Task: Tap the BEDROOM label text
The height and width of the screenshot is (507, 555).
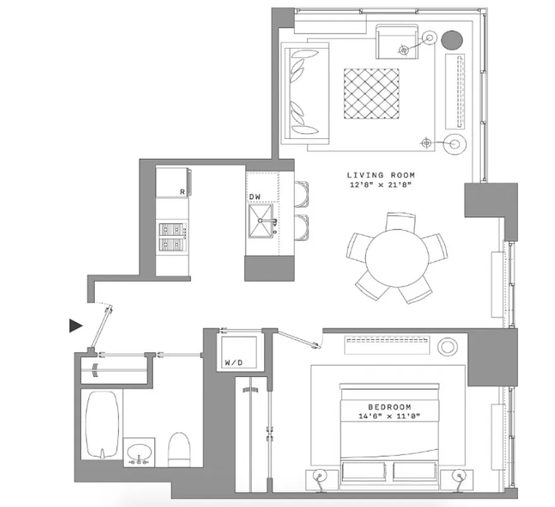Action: tap(390, 407)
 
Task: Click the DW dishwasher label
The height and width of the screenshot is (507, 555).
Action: tap(254, 197)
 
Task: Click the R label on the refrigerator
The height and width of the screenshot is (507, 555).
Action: tap(182, 191)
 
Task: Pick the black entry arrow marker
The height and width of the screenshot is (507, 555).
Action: tap(76, 326)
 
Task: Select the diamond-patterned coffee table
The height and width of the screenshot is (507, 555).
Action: tap(372, 93)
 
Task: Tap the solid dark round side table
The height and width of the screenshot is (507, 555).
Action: tap(451, 41)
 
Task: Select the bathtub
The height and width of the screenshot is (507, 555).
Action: tap(102, 424)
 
